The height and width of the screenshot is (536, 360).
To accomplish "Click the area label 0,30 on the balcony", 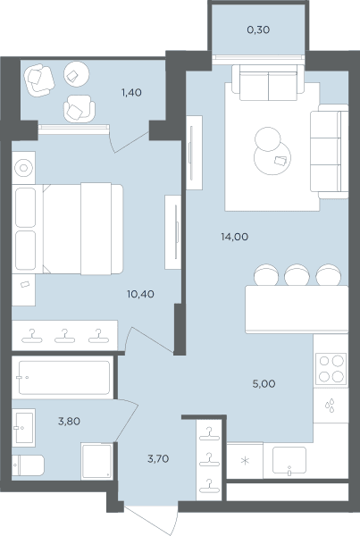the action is (x=258, y=30).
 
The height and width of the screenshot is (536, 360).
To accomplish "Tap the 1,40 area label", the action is (x=131, y=93).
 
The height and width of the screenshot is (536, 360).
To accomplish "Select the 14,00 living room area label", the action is (x=235, y=237).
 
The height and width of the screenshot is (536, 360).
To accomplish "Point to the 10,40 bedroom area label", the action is (x=140, y=294).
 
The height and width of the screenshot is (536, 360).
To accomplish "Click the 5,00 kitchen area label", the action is (x=264, y=384).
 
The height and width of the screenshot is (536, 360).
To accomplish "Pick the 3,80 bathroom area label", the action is (x=69, y=422).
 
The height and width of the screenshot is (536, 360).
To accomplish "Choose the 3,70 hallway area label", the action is (x=158, y=459).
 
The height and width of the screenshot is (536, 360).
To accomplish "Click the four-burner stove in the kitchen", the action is (x=331, y=369).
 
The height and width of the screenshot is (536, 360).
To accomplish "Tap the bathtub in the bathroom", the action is (x=64, y=378).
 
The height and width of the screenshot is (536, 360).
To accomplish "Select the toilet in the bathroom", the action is (x=28, y=465).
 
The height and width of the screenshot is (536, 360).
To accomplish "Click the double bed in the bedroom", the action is (x=67, y=229).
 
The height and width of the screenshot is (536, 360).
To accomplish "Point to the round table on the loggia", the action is (x=77, y=73).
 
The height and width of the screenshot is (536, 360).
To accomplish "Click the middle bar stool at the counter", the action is (x=297, y=275).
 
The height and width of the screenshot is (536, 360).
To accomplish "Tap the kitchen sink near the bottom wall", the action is (x=289, y=460).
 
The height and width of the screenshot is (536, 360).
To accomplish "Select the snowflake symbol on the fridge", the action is (x=245, y=461).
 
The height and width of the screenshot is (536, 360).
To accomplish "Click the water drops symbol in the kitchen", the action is (x=330, y=406).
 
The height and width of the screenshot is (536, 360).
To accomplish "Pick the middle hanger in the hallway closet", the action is (x=209, y=460).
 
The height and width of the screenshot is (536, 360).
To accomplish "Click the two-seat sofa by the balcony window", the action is (x=268, y=83).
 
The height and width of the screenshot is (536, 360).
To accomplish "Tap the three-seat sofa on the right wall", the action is (x=330, y=151).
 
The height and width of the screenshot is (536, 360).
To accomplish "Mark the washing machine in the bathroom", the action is (x=97, y=461).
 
